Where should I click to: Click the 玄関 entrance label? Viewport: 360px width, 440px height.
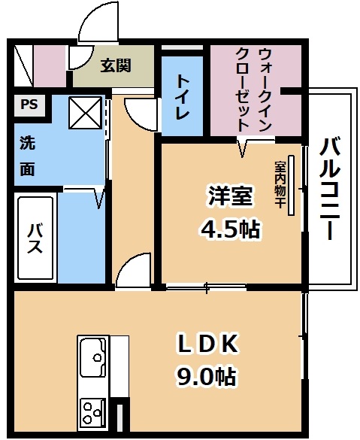pos(116,65)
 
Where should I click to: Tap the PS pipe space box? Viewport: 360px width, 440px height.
pos(29,105)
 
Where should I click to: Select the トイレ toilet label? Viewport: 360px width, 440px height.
pos(183,97)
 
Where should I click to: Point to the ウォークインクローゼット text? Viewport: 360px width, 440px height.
pos(254,90)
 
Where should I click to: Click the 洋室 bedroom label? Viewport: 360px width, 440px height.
pos(230,196)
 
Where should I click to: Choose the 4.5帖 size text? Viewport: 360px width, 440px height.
pos(230,229)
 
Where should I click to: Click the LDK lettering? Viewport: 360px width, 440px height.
pos(207,344)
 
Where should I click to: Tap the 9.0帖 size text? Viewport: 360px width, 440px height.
pos(205,376)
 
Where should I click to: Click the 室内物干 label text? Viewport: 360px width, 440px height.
pos(280,184)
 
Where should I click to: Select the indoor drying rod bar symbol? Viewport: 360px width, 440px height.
pos(292,186)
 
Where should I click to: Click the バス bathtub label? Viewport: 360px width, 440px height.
pos(35,238)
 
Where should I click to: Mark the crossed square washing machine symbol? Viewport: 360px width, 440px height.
pos(86,113)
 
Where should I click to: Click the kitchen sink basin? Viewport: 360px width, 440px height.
pos(93,357)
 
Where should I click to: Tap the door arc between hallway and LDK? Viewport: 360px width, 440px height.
pos(132,268)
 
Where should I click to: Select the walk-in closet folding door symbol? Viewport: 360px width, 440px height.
pos(243,147)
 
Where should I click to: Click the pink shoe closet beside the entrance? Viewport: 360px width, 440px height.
pos(50,66)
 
